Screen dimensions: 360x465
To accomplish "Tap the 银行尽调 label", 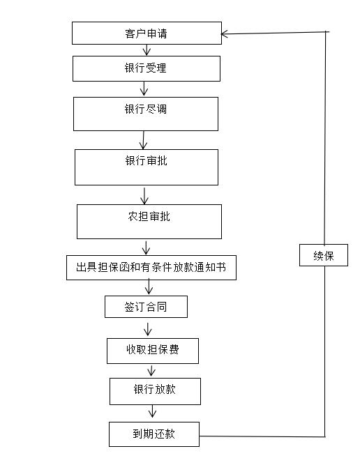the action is (145, 109).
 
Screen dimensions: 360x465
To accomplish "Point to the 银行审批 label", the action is (146, 161).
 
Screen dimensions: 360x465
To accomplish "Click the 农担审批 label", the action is (149, 216).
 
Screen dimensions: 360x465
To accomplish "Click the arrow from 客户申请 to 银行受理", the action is (147, 49).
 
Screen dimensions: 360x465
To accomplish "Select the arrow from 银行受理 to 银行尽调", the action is (144, 89).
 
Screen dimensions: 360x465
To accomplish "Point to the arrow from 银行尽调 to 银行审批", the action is (143, 140).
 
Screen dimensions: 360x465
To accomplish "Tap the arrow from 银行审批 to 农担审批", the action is (144, 196).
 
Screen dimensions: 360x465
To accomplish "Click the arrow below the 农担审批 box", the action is (146, 247).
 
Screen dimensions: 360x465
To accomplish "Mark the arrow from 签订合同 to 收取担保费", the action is (147, 329).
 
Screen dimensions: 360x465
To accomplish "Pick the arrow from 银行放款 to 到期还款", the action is (152, 411).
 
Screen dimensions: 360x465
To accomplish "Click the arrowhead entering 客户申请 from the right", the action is (221, 33).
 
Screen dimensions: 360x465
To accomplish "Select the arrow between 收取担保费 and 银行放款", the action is (151, 371).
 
